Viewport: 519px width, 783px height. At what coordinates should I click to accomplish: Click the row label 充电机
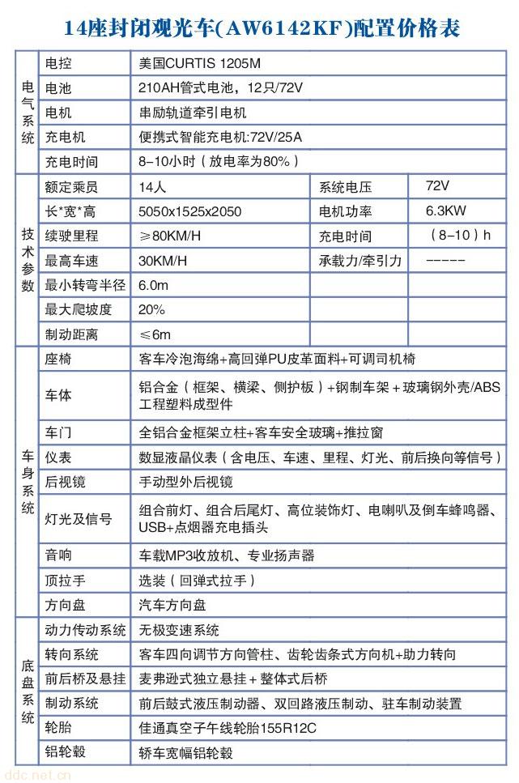[x=66, y=137]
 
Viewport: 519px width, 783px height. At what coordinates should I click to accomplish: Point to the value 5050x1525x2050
[x=190, y=211]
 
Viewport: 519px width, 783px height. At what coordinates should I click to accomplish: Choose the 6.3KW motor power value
[x=446, y=211]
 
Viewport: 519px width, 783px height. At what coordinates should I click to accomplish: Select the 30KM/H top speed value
[x=163, y=261]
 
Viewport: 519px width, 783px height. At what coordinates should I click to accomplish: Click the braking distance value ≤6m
[x=155, y=334]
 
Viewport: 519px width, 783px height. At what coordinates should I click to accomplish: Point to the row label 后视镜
[x=66, y=481]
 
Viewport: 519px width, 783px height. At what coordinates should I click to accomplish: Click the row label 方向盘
[x=66, y=605]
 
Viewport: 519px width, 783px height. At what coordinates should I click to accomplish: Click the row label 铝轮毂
[x=66, y=752]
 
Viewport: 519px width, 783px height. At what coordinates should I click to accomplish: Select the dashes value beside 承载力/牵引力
[x=445, y=261]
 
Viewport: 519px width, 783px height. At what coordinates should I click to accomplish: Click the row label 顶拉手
[x=66, y=581]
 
